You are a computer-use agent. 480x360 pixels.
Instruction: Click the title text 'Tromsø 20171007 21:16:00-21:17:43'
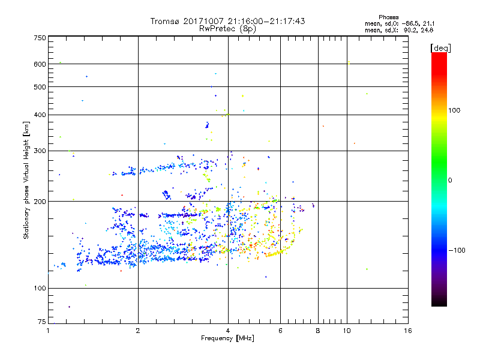click(x=227, y=21)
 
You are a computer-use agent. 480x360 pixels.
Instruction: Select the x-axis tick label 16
click(x=407, y=331)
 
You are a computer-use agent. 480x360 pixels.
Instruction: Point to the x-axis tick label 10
click(x=346, y=331)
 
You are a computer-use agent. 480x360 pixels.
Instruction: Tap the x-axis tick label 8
click(x=318, y=331)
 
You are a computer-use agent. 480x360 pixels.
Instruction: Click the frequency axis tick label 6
click(x=280, y=331)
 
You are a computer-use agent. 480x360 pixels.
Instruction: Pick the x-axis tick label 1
click(x=48, y=331)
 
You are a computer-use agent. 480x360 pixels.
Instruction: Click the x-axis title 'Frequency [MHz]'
click(x=227, y=338)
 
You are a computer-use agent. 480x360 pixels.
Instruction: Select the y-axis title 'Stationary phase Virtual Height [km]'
click(x=26, y=180)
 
